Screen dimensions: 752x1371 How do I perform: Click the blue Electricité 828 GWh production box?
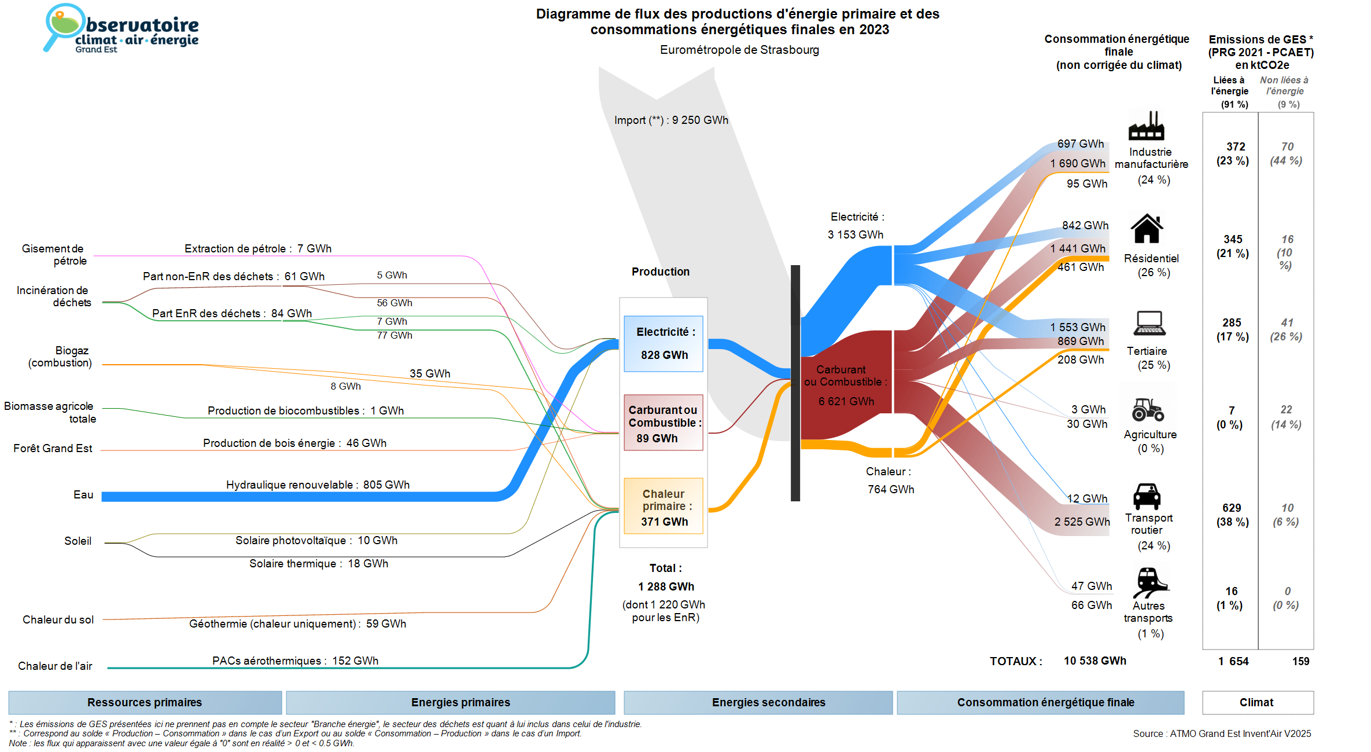pos(664,343)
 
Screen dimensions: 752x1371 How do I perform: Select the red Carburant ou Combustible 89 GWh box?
pos(664,423)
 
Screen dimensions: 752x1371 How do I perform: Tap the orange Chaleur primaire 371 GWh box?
pos(664,506)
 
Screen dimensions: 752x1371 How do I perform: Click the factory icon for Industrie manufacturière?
pos(1146,126)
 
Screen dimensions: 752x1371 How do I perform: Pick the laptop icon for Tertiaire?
pos(1149,324)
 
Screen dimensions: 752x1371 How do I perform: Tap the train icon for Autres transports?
pos(1149,582)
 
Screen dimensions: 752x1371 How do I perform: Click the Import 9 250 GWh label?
pos(671,120)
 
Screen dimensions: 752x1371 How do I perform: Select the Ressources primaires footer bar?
pos(145,702)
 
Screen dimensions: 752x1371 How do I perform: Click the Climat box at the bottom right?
pos(1257,702)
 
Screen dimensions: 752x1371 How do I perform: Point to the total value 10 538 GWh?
pos(1094,661)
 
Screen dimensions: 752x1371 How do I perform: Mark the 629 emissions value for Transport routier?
pos(1232,508)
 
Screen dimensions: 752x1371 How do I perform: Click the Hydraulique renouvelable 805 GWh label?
pos(318,485)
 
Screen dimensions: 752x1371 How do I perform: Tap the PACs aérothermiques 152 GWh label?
pos(295,661)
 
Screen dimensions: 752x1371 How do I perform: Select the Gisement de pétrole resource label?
pos(54,255)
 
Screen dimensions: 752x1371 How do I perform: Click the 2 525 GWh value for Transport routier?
pos(1082,522)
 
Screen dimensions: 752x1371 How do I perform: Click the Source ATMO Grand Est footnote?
pos(1222,733)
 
